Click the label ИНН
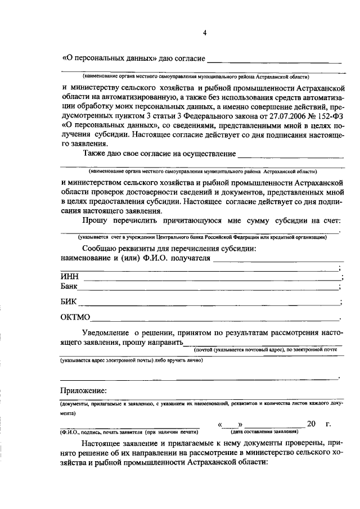[x=70, y=276]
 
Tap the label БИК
[x=69, y=301]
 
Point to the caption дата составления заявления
[x=264, y=432]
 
